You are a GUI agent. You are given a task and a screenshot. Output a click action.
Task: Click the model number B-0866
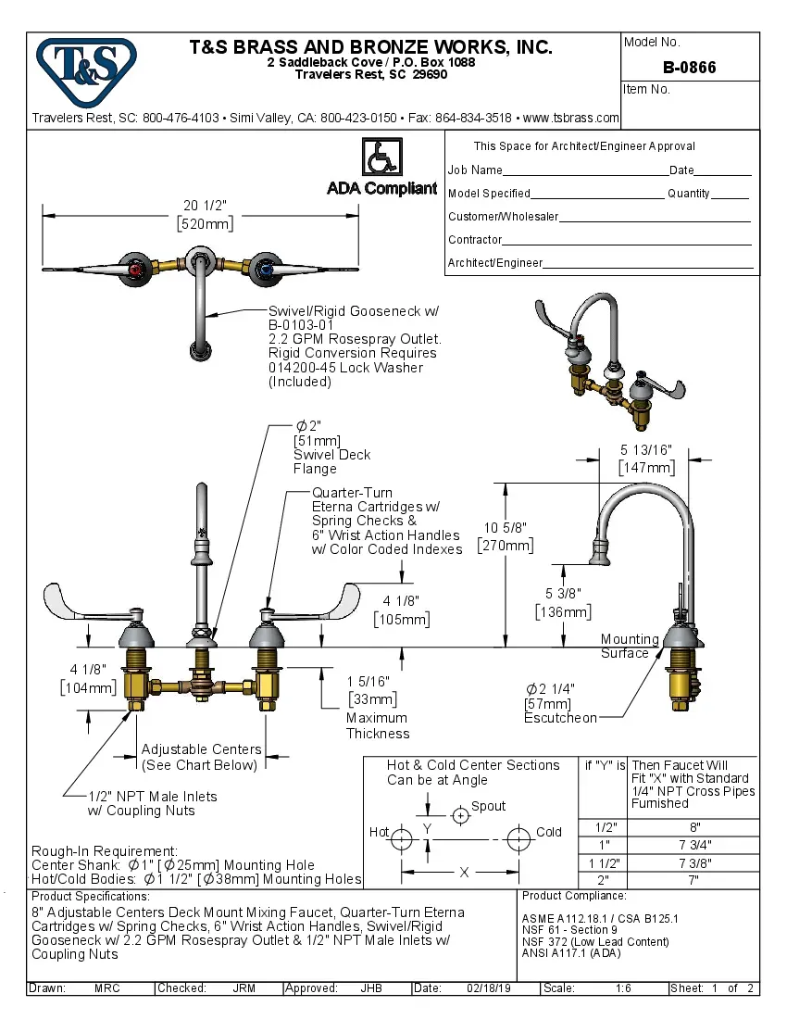coord(689,68)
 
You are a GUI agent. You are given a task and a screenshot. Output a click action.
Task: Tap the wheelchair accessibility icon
coord(381,157)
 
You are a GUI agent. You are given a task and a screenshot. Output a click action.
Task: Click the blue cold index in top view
coord(266,270)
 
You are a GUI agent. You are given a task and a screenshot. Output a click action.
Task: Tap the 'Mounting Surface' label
coord(630,646)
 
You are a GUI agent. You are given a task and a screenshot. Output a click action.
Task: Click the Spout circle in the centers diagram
coord(460,816)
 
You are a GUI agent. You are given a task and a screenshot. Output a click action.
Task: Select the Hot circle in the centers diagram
coord(402,840)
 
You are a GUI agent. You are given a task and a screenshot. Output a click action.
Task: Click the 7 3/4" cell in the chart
coord(694,844)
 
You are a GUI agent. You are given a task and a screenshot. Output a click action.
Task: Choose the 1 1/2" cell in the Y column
coord(604,862)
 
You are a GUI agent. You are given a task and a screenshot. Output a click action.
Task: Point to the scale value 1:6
coord(623,988)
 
